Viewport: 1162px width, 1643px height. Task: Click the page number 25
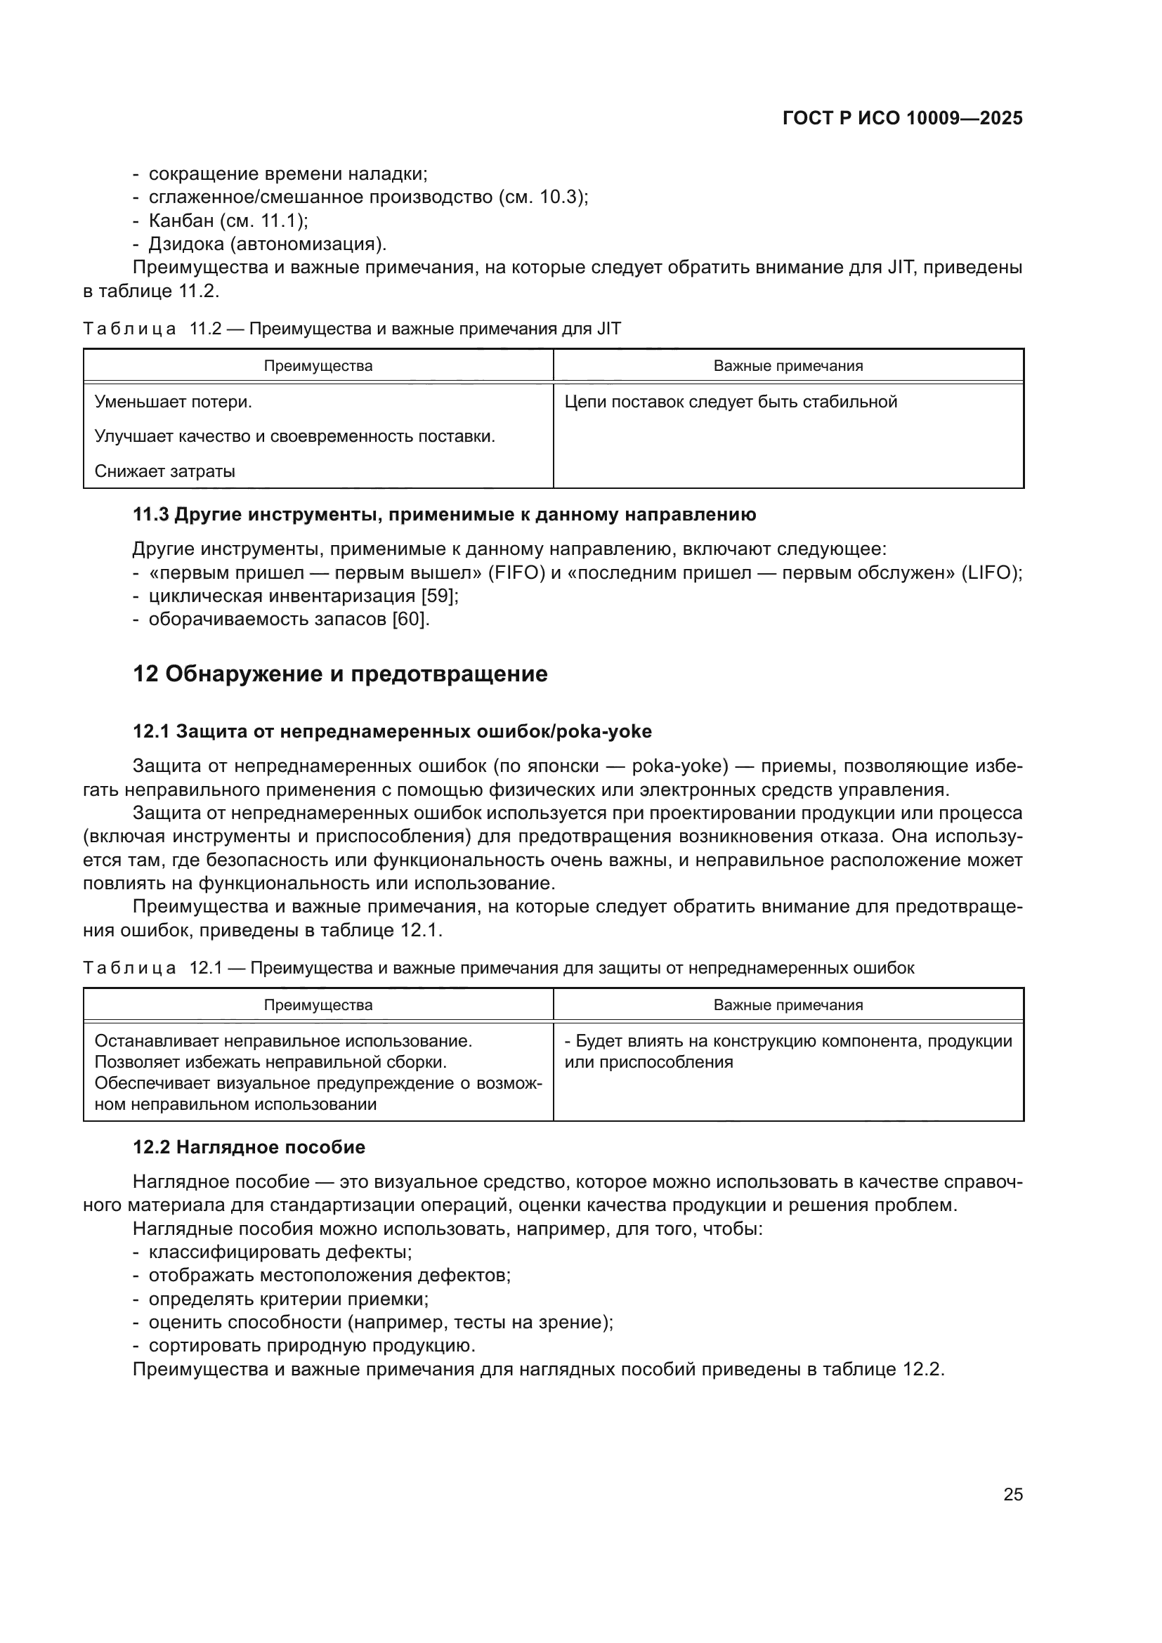[1012, 1494]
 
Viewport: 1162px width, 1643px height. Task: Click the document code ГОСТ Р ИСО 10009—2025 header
[902, 118]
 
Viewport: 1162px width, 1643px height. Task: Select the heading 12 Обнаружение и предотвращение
[340, 674]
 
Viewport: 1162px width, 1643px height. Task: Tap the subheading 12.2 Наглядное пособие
[249, 1147]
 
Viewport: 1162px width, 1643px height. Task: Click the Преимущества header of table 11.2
[318, 366]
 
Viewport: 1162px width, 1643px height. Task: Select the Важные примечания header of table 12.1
[788, 1004]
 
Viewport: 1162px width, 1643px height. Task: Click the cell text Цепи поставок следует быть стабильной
[731, 402]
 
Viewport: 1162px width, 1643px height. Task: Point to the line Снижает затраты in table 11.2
[164, 471]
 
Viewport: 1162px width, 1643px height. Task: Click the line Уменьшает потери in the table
[173, 402]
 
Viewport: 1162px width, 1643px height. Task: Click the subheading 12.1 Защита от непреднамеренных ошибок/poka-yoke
[392, 731]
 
